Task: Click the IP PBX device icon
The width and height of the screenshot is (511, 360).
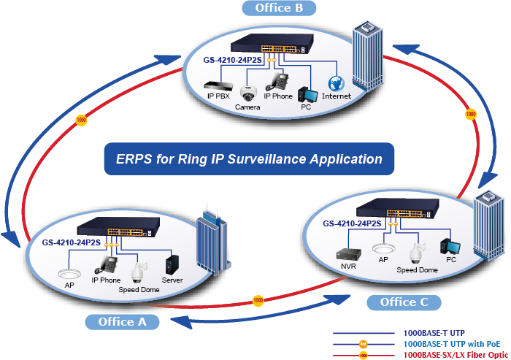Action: click(x=216, y=84)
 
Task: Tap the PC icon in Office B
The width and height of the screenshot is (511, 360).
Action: click(x=307, y=93)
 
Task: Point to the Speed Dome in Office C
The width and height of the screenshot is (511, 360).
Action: click(x=417, y=253)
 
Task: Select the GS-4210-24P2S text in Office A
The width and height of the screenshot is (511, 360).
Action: click(x=69, y=242)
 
